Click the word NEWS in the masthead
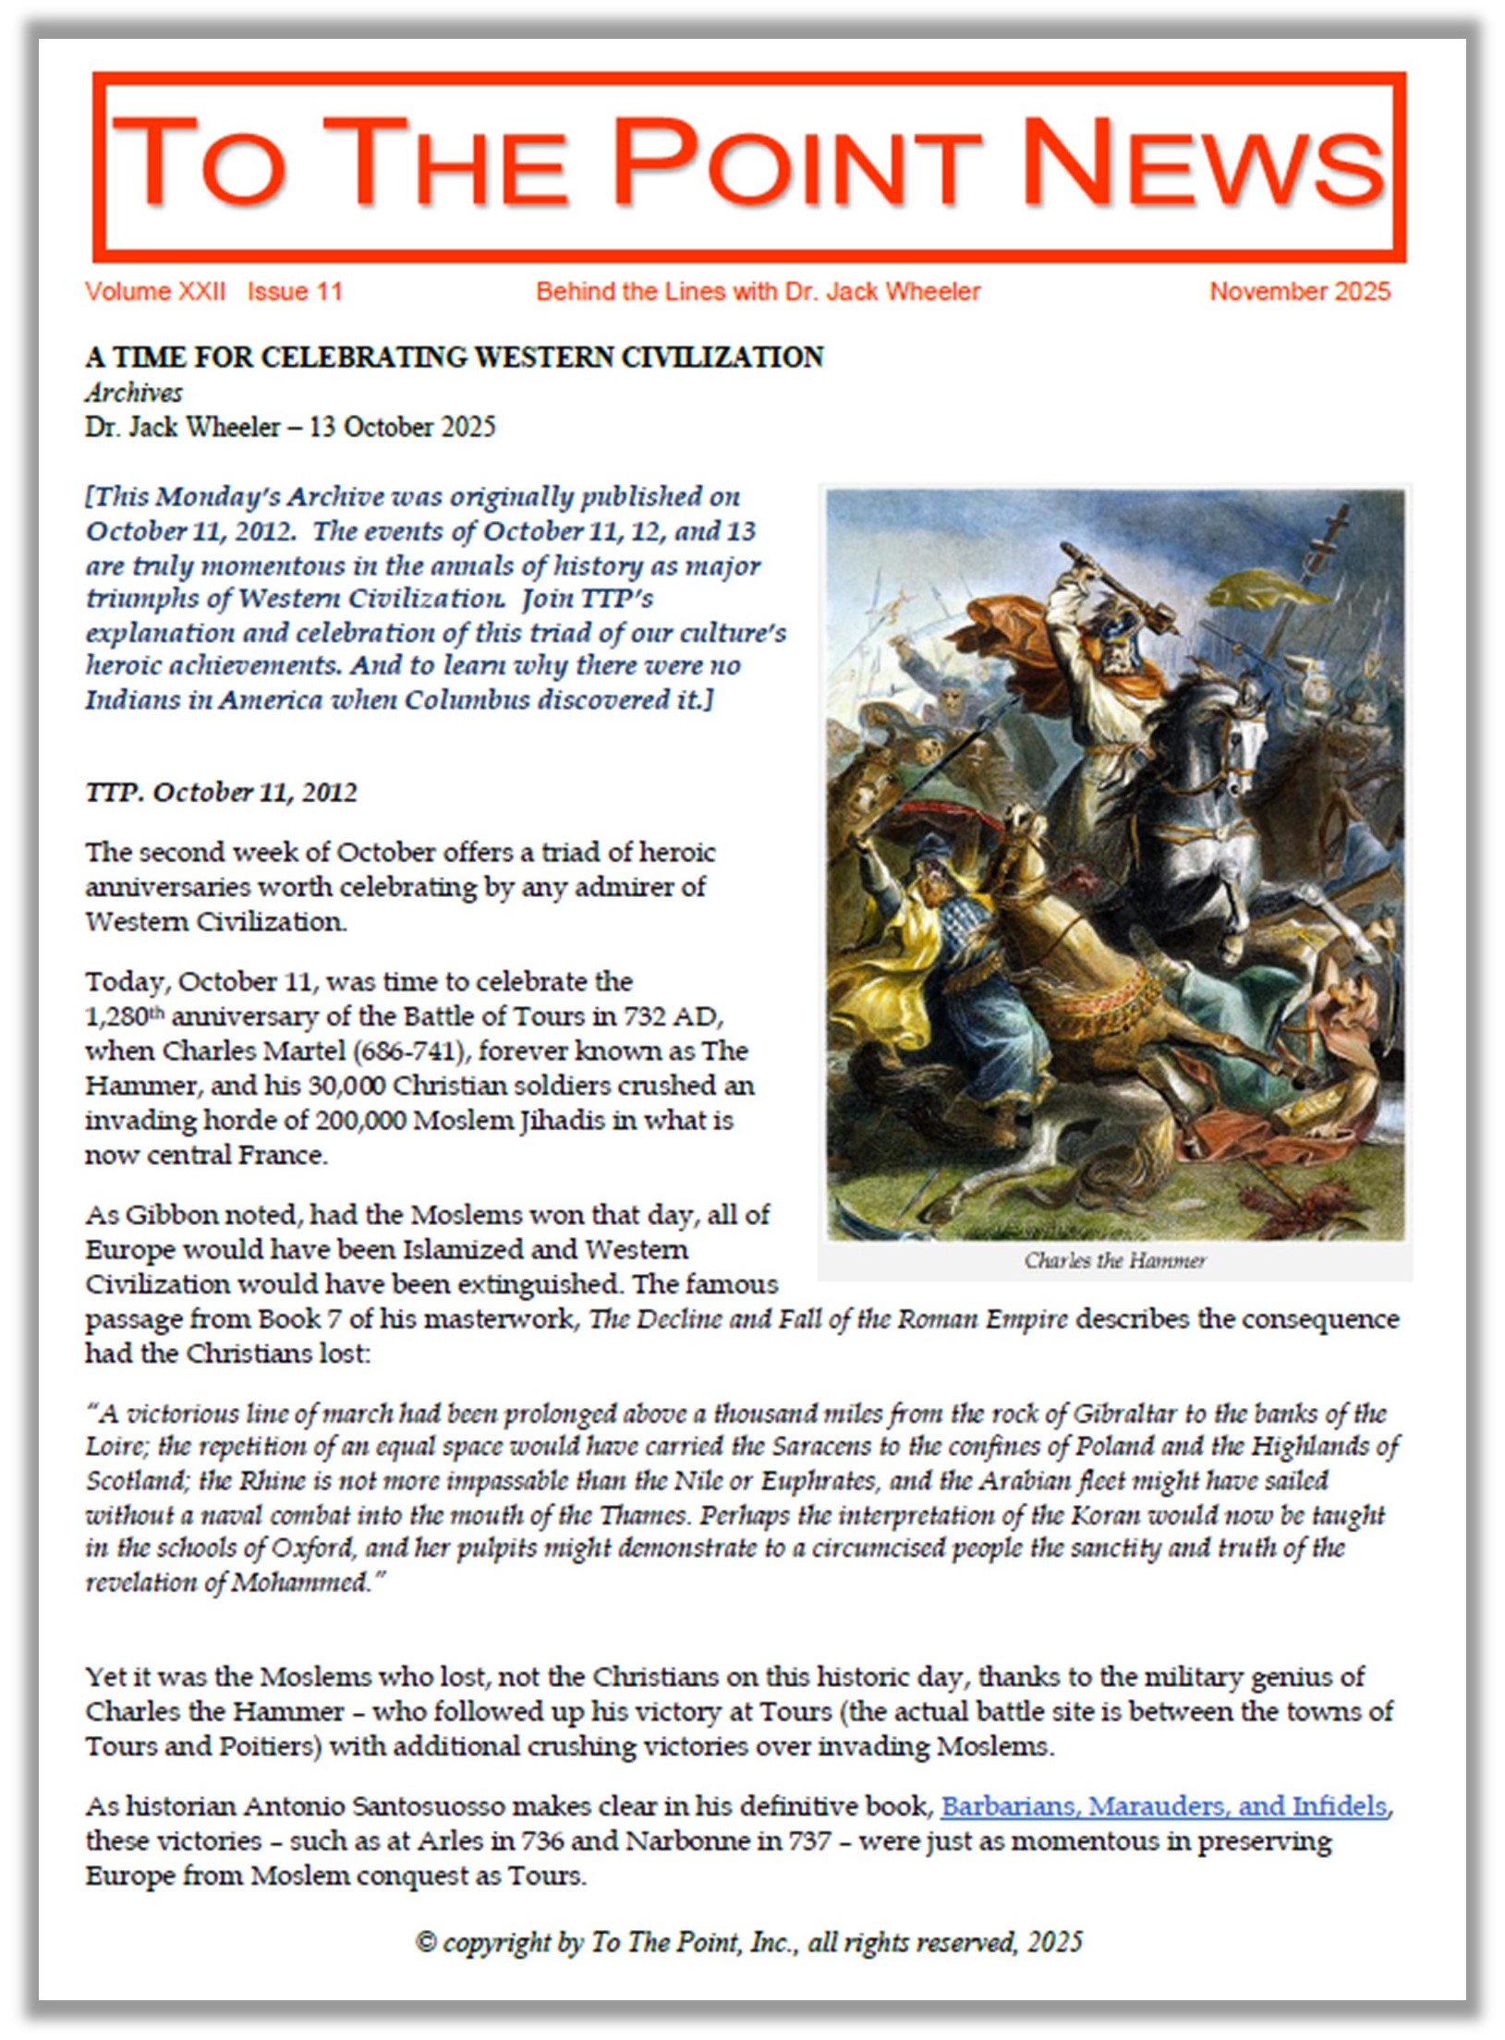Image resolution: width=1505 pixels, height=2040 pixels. [1201, 162]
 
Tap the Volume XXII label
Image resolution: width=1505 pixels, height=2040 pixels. [154, 292]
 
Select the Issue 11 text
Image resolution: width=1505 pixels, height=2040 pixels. [295, 292]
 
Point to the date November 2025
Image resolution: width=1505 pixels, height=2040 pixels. [1299, 292]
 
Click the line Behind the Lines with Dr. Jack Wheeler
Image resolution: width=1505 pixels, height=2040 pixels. [758, 292]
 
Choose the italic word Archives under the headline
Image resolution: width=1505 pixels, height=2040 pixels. [134, 393]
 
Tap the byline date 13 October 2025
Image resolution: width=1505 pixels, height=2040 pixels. [402, 427]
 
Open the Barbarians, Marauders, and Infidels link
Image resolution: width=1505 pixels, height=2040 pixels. [1163, 1806]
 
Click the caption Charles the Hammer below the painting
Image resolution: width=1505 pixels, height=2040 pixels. [1114, 1260]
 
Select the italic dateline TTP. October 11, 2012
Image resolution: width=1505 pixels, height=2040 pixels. [221, 793]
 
